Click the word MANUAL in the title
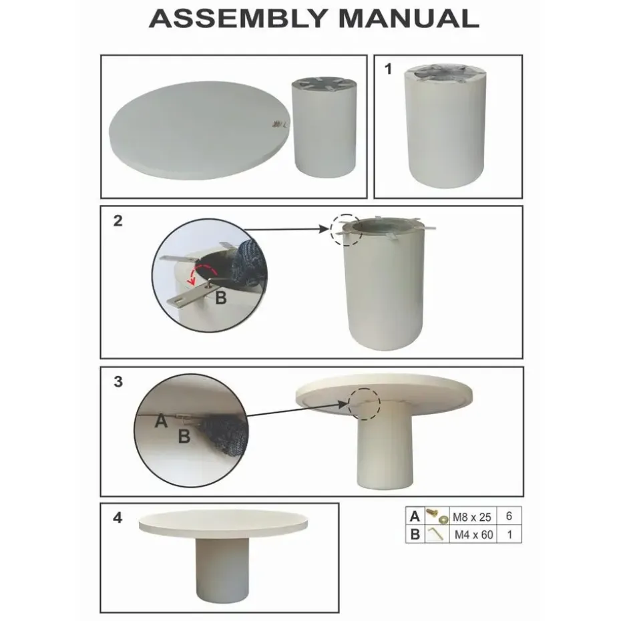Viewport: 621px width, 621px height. click(x=409, y=19)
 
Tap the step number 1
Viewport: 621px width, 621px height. click(x=388, y=69)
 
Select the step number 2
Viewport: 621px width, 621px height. click(x=118, y=220)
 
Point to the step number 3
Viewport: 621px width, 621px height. click(x=118, y=381)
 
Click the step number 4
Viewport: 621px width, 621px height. click(x=118, y=517)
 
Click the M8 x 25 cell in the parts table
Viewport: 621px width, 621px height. click(x=471, y=517)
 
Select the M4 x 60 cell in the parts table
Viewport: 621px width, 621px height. click(x=473, y=535)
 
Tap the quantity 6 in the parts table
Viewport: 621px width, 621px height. click(x=509, y=516)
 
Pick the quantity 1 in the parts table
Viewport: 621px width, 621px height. click(x=509, y=535)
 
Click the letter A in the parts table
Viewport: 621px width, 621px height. click(x=415, y=516)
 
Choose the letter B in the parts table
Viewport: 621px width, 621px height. click(x=415, y=534)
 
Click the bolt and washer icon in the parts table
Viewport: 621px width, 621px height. click(x=437, y=516)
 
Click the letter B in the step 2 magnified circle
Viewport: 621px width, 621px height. click(x=220, y=298)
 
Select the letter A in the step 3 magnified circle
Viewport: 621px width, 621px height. click(x=161, y=421)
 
